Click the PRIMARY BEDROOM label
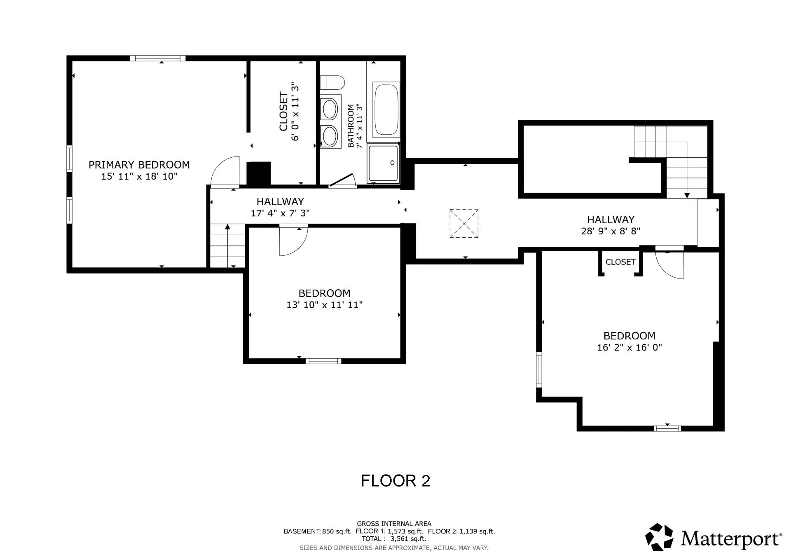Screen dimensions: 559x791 pos(139,165)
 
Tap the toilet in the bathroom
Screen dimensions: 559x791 pos(332,82)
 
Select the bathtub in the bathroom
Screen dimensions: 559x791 pos(386,110)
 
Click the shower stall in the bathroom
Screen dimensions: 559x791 pos(383,163)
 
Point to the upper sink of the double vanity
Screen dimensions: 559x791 pos(330,109)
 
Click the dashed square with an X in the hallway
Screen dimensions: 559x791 pos(464,224)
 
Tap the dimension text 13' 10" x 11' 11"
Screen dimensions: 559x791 pos(324,305)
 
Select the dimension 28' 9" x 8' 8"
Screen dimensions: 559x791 pos(611,231)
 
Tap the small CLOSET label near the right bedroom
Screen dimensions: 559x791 pos(620,262)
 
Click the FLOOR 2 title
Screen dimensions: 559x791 pos(395,481)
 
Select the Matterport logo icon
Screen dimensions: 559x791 pos(659,537)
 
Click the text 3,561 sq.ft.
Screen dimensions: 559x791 pos(408,539)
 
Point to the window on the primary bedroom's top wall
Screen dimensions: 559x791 pos(157,58)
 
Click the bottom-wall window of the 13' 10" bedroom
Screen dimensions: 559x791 pos(323,361)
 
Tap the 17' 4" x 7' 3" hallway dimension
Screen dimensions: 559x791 pos(280,213)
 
